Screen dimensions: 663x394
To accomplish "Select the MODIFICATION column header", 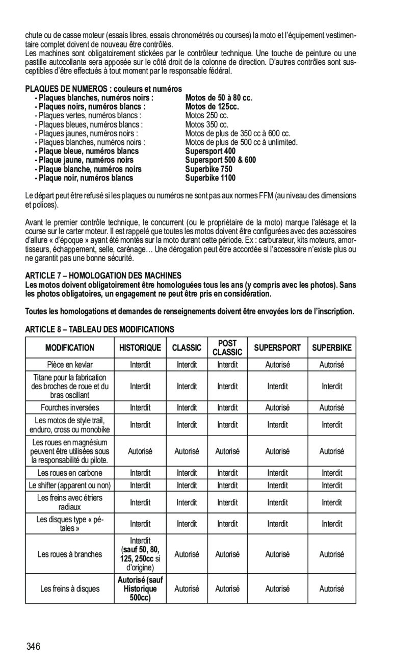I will pyautogui.click(x=69, y=348).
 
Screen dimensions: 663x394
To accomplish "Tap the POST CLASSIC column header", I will pyautogui.click(x=227, y=348).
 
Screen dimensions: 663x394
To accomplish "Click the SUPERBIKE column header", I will pyautogui.click(x=332, y=348).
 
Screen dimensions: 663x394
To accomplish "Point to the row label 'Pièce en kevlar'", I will pyautogui.click(x=69, y=365).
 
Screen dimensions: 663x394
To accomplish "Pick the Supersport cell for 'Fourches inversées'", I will pyautogui.click(x=277, y=407).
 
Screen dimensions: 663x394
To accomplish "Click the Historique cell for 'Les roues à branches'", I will pyautogui.click(x=140, y=554).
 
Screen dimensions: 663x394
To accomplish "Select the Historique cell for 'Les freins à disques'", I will pyautogui.click(x=140, y=589).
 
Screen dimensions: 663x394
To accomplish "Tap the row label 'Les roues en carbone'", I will pyautogui.click(x=69, y=473).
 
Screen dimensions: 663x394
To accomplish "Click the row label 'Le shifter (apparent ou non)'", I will pyautogui.click(x=69, y=485).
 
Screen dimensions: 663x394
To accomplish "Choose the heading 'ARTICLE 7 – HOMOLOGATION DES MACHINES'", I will pyautogui.click(x=103, y=275).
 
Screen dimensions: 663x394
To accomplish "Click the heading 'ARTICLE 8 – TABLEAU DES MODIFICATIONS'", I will pyautogui.click(x=100, y=329).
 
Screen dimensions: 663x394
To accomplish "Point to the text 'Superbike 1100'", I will pyautogui.click(x=210, y=178).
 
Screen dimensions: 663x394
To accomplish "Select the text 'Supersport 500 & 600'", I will pyautogui.click(x=220, y=160).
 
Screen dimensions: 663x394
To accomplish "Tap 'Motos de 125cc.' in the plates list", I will pyautogui.click(x=212, y=107).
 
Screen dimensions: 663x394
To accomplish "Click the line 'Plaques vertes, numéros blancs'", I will pyautogui.click(x=87, y=116).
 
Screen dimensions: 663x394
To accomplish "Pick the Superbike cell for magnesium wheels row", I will pyautogui.click(x=332, y=451).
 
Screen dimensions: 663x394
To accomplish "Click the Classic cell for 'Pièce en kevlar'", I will pyautogui.click(x=187, y=365).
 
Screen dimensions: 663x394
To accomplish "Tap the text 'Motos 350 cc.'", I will pyautogui.click(x=207, y=125).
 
